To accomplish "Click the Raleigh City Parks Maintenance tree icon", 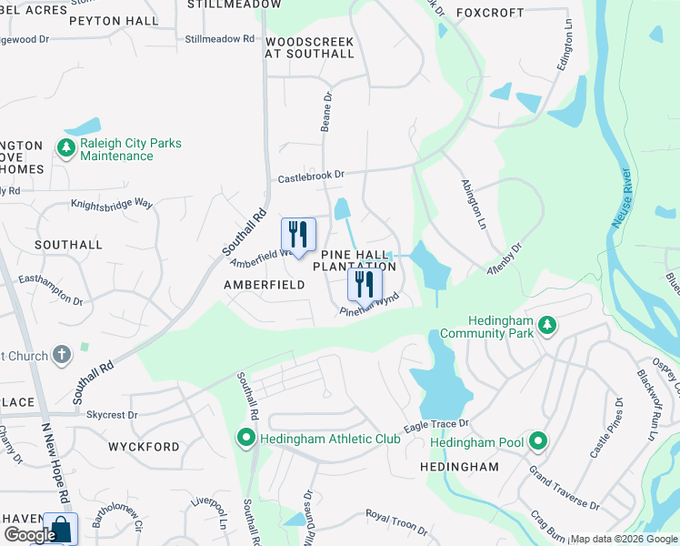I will tap(65, 147).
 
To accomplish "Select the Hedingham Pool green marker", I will tap(538, 442).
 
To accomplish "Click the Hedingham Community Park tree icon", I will tap(546, 325).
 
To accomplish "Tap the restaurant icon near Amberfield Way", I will tap(297, 235).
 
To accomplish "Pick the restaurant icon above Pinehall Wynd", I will tap(365, 284).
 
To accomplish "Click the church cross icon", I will tap(62, 355).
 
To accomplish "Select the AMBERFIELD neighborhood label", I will tap(264, 285).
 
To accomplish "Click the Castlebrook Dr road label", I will tap(312, 175).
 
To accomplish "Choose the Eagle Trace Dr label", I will tap(436, 424).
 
